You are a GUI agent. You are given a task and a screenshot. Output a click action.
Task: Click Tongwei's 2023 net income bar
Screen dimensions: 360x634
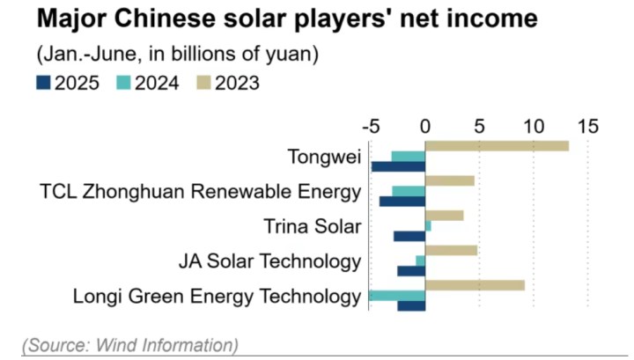coord(497,145)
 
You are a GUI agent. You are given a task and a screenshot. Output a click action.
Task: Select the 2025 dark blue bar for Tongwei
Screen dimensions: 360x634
coord(398,166)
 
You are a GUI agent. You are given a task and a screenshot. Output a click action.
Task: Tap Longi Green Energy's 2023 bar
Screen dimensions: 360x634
coord(475,285)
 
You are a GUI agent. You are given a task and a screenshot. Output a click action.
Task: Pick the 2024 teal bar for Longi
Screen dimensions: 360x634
coord(396,296)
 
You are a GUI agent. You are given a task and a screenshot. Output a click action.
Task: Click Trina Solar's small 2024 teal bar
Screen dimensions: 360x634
coord(428,226)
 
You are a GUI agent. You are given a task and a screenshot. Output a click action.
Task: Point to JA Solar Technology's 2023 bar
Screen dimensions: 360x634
coord(451,250)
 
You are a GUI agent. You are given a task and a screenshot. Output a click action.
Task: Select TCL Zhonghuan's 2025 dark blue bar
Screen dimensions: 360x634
coord(402,202)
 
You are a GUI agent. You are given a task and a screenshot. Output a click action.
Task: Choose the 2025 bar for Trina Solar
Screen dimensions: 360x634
coord(409,236)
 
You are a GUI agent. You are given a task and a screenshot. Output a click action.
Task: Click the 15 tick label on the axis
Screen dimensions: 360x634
coord(587,126)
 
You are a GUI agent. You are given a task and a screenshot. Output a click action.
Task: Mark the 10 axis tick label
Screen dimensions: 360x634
coord(534,126)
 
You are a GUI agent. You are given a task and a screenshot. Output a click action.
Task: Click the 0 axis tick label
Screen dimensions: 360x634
coord(425,126)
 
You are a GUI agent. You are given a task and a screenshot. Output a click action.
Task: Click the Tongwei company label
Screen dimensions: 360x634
coord(324,157)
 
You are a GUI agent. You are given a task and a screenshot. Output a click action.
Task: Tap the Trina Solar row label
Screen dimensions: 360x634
coord(313,226)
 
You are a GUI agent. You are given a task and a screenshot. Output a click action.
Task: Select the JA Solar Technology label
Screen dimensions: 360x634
coord(269,261)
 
